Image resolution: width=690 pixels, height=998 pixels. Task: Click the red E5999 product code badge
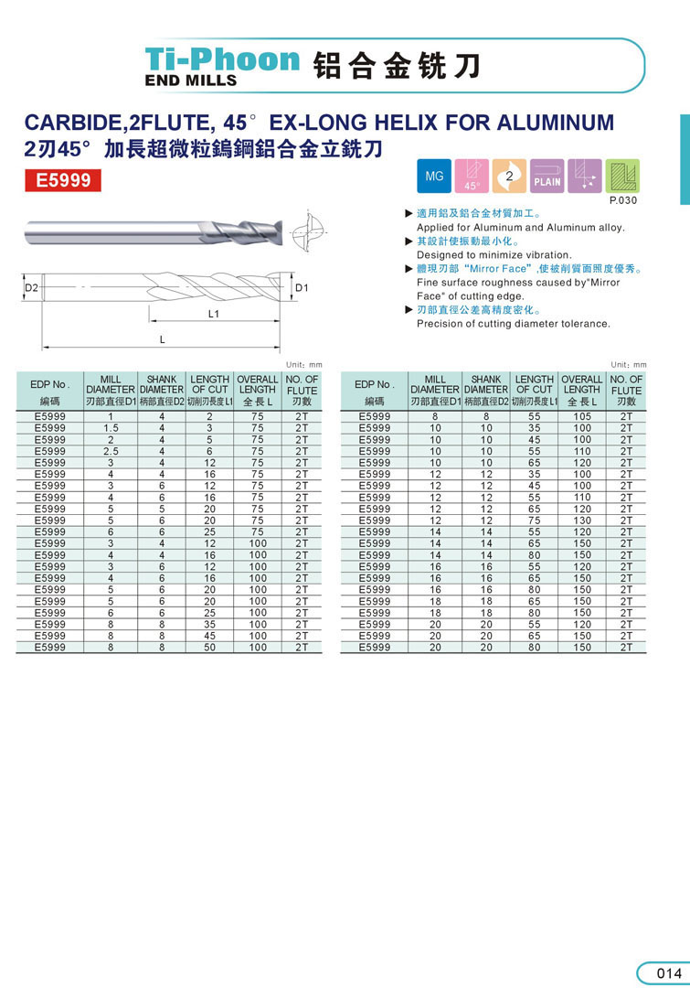(x=63, y=181)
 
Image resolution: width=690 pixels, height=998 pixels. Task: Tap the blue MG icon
(x=434, y=175)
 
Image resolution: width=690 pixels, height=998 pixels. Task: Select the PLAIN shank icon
(x=547, y=176)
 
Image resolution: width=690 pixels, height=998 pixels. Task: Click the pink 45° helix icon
(x=472, y=175)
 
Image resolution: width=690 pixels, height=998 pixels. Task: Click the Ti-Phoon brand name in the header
(x=223, y=59)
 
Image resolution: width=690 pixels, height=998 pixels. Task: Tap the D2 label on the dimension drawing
(x=31, y=288)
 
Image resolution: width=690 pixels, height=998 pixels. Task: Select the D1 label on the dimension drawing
(x=303, y=288)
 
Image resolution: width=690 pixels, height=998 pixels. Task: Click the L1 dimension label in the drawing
(x=213, y=314)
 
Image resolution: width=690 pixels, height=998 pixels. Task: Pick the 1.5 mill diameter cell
(x=111, y=428)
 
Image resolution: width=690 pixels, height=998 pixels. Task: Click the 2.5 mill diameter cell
(x=111, y=451)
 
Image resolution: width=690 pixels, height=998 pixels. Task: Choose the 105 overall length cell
(x=582, y=416)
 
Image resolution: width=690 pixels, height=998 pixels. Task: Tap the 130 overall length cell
(x=582, y=520)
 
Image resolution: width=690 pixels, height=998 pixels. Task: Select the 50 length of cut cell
(x=209, y=647)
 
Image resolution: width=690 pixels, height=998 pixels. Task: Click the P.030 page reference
(x=622, y=199)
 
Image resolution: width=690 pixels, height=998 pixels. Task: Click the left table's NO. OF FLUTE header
(x=302, y=390)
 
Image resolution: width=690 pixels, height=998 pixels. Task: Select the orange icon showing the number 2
(x=509, y=175)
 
